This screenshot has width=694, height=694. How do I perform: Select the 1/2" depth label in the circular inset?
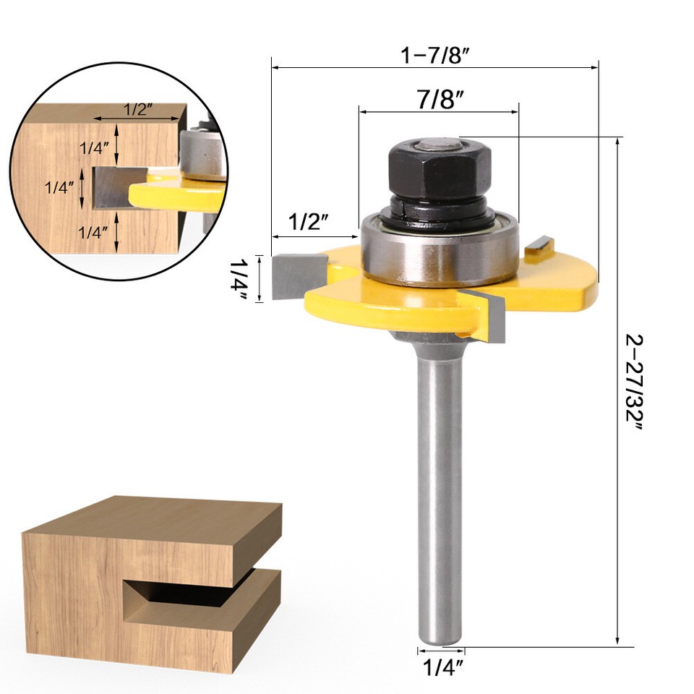coord(137,110)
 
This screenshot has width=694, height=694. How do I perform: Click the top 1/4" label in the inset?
coord(95,147)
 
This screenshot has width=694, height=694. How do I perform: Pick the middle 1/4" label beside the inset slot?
coord(59,187)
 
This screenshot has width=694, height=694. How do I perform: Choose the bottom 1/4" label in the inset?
coord(95,232)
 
